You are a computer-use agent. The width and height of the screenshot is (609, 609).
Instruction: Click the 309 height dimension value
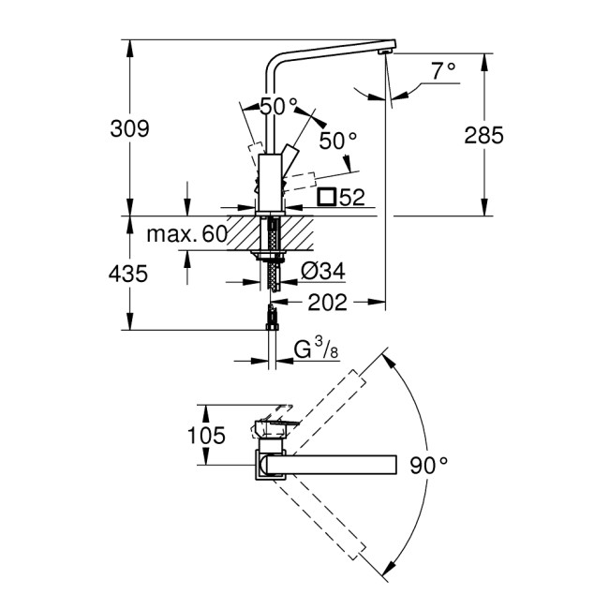[129, 129]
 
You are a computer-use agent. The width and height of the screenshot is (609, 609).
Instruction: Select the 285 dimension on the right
[483, 136]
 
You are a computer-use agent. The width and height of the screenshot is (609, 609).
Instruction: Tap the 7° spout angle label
[443, 69]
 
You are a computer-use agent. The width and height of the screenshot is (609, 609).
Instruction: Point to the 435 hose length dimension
[129, 274]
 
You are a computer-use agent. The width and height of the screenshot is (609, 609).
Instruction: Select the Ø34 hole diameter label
[323, 271]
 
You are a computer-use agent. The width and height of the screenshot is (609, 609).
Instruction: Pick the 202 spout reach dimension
[328, 302]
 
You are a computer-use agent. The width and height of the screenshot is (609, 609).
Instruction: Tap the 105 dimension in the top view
[206, 435]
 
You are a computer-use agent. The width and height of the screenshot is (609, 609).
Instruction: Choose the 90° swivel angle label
[428, 464]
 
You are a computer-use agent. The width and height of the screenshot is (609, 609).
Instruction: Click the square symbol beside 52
[327, 197]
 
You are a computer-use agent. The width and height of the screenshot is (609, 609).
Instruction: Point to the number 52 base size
[351, 197]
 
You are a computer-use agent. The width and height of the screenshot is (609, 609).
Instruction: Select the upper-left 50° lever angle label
[278, 107]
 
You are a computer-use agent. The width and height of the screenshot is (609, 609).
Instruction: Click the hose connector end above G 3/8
[271, 318]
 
